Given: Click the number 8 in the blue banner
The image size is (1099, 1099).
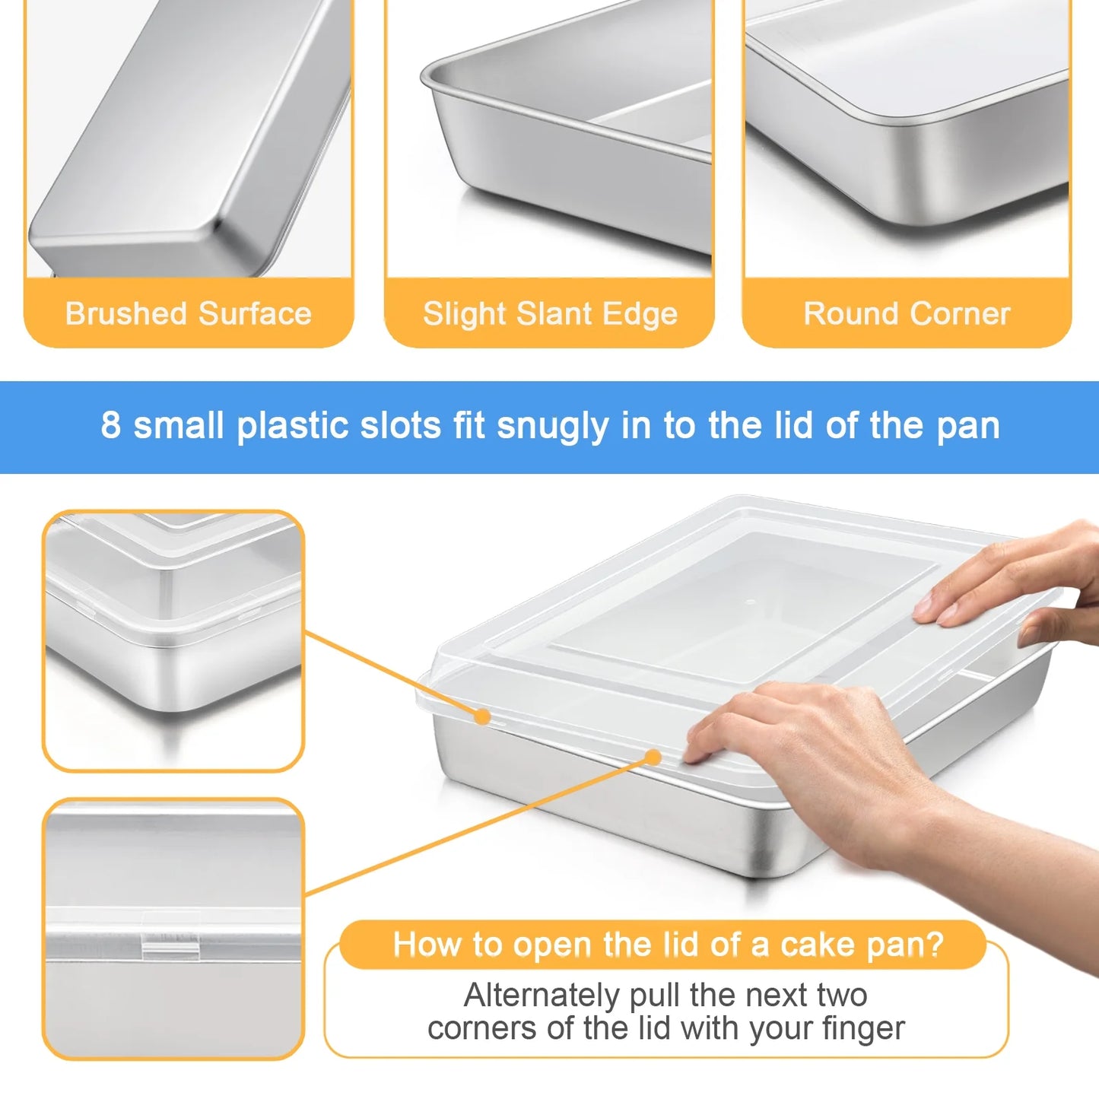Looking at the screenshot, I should pos(111,425).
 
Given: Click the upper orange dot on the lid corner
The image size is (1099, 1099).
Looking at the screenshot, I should pos(481,716).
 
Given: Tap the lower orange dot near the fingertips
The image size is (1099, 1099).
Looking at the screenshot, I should pos(653,757).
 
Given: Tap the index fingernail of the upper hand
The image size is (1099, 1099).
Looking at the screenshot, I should pos(924,606).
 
